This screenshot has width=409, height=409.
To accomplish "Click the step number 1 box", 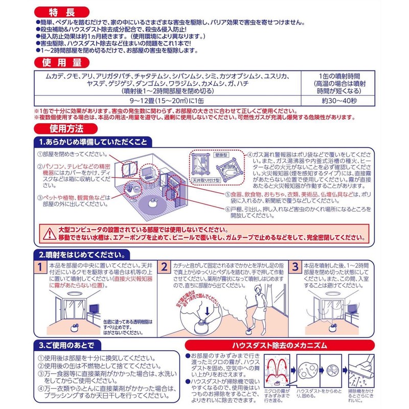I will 39,267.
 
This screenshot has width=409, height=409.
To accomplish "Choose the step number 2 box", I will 165,267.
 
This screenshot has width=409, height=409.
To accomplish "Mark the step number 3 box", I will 295,267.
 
